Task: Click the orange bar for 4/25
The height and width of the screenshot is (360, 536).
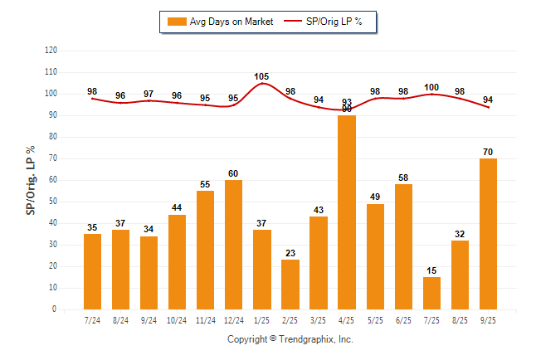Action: click(x=347, y=212)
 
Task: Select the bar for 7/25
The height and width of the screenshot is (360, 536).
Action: click(x=431, y=293)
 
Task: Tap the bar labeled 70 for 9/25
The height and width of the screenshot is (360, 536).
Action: click(x=488, y=234)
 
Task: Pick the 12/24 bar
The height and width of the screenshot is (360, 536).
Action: click(x=233, y=245)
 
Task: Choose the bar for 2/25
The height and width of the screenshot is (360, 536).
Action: click(x=290, y=285)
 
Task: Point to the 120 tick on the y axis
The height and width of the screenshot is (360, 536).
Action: click(x=51, y=51)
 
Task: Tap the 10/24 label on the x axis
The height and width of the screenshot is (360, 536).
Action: click(x=177, y=319)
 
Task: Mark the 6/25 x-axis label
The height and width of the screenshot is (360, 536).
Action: click(x=403, y=319)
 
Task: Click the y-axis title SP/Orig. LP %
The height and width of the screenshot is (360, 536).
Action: click(x=31, y=179)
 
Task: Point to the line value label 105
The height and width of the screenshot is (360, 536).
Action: click(x=262, y=76)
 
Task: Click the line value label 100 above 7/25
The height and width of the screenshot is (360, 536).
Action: click(x=431, y=87)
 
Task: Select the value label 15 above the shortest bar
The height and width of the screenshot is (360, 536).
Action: click(x=431, y=270)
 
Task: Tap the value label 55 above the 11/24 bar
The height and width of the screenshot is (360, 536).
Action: click(x=205, y=184)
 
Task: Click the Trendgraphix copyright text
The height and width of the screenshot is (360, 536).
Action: click(x=290, y=339)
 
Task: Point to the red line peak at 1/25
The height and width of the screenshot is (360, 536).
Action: click(x=262, y=84)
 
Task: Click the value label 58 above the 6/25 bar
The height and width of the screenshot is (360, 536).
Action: click(x=403, y=178)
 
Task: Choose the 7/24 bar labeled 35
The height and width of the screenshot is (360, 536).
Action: click(x=92, y=271)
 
